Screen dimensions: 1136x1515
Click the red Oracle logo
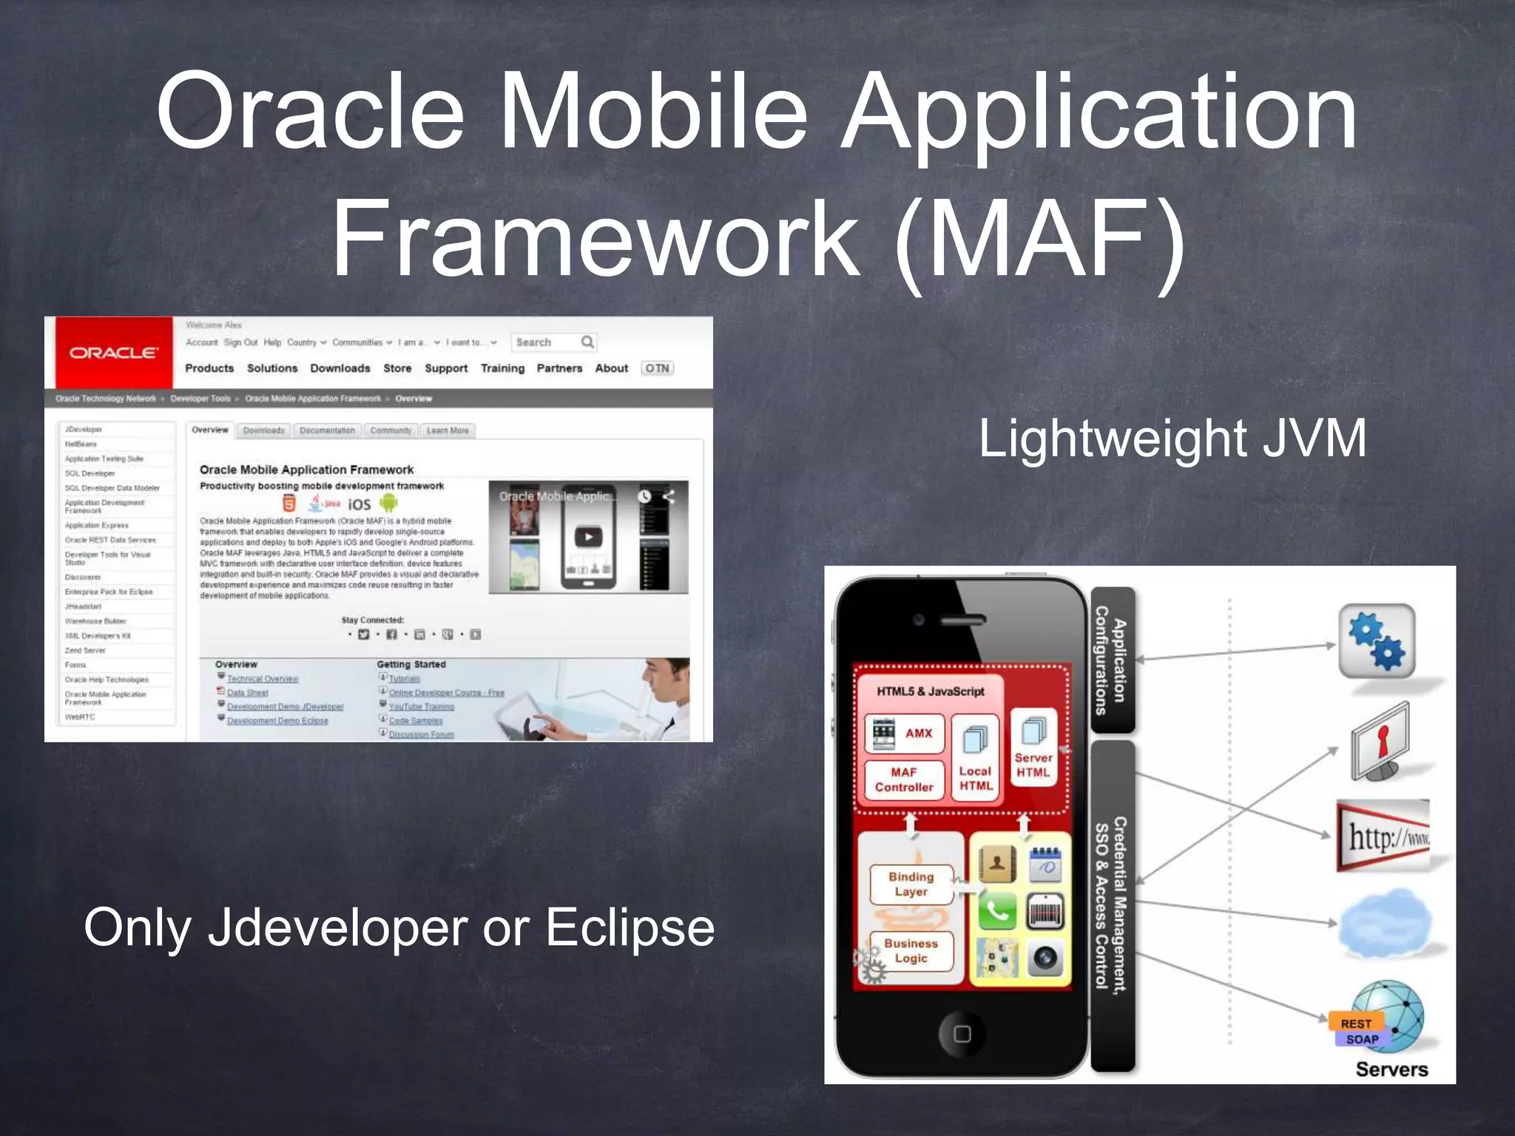113,353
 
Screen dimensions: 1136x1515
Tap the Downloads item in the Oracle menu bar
340,368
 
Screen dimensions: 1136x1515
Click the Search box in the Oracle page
546,342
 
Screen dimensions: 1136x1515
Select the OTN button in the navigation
657,368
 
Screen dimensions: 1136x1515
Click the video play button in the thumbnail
588,537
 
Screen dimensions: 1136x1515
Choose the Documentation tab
327,430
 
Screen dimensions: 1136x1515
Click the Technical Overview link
262,679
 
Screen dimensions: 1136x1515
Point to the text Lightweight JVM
1172,439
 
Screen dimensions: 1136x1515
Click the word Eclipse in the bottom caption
630,927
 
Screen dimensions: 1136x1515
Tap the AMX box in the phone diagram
905,733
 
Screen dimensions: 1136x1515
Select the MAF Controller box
904,780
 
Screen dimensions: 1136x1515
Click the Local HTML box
975,758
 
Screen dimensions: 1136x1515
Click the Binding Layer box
911,884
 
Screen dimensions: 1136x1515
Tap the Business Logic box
911,951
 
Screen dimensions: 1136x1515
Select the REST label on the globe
1355,1024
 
